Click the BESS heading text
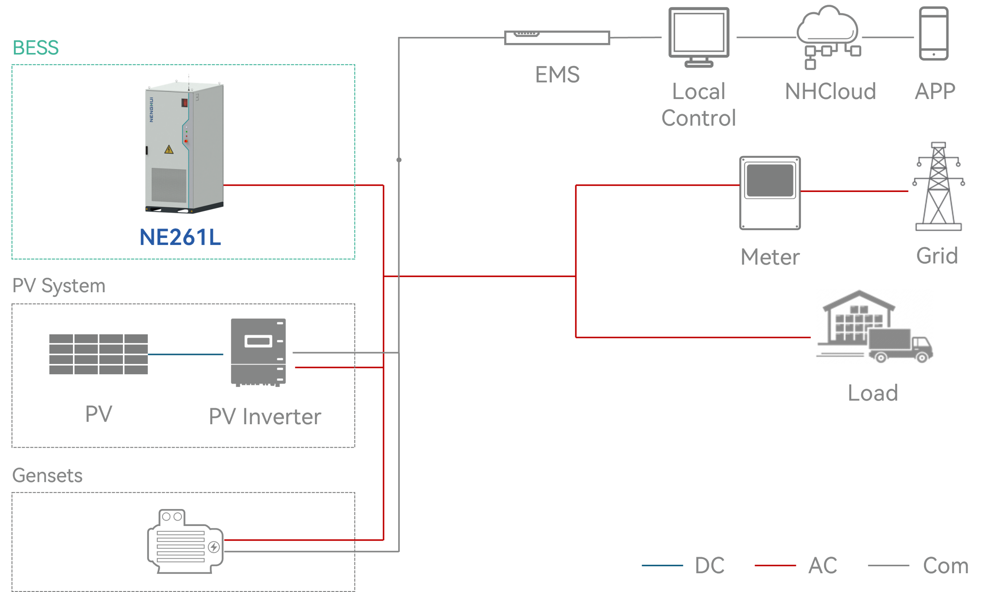pyautogui.click(x=36, y=48)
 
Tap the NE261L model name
pyautogui.click(x=180, y=237)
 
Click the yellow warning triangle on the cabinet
pyautogui.click(x=169, y=150)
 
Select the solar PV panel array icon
pyautogui.click(x=98, y=354)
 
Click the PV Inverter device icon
pyautogui.click(x=258, y=352)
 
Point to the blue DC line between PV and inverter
pyautogui.click(x=185, y=354)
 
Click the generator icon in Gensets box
pyautogui.click(x=185, y=541)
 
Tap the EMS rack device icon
pyautogui.click(x=557, y=38)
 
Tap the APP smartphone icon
pyautogui.click(x=933, y=33)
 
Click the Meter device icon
pyautogui.click(x=770, y=193)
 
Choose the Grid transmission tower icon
pyautogui.click(x=939, y=185)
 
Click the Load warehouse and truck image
pyautogui.click(x=874, y=326)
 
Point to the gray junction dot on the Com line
pyautogui.click(x=399, y=160)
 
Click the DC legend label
pyautogui.click(x=709, y=565)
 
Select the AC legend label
pyautogui.click(x=822, y=565)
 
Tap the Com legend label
pyautogui.click(x=945, y=565)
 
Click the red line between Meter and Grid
pyautogui.click(x=854, y=192)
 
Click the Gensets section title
pyautogui.click(x=48, y=476)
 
